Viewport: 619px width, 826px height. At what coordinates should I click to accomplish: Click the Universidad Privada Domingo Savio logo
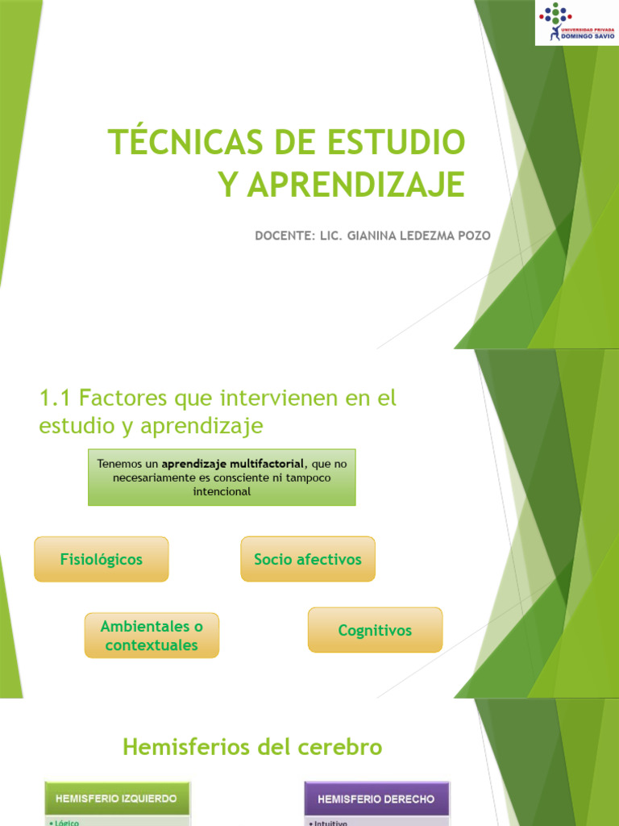point(576,22)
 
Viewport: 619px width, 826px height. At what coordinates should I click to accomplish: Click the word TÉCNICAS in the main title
point(185,142)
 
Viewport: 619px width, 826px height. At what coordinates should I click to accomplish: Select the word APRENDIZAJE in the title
point(355,185)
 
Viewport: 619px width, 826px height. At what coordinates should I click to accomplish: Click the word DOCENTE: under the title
point(281,236)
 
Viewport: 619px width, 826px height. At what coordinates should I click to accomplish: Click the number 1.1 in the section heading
point(56,398)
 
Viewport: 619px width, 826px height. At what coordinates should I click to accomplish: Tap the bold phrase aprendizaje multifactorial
point(233,464)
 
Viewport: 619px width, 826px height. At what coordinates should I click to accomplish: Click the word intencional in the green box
point(222,491)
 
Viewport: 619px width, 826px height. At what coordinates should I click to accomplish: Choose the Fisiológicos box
point(102,559)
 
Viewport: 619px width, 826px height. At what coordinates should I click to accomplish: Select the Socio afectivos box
point(308,559)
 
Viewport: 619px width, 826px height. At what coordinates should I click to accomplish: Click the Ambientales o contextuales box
point(152,636)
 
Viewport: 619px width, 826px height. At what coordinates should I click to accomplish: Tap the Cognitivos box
point(375,630)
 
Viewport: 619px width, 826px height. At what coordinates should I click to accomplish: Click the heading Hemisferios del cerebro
point(251,748)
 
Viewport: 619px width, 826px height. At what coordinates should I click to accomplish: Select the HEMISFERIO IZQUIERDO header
point(117,799)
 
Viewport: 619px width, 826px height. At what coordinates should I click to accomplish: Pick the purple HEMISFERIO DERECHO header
point(376,799)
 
